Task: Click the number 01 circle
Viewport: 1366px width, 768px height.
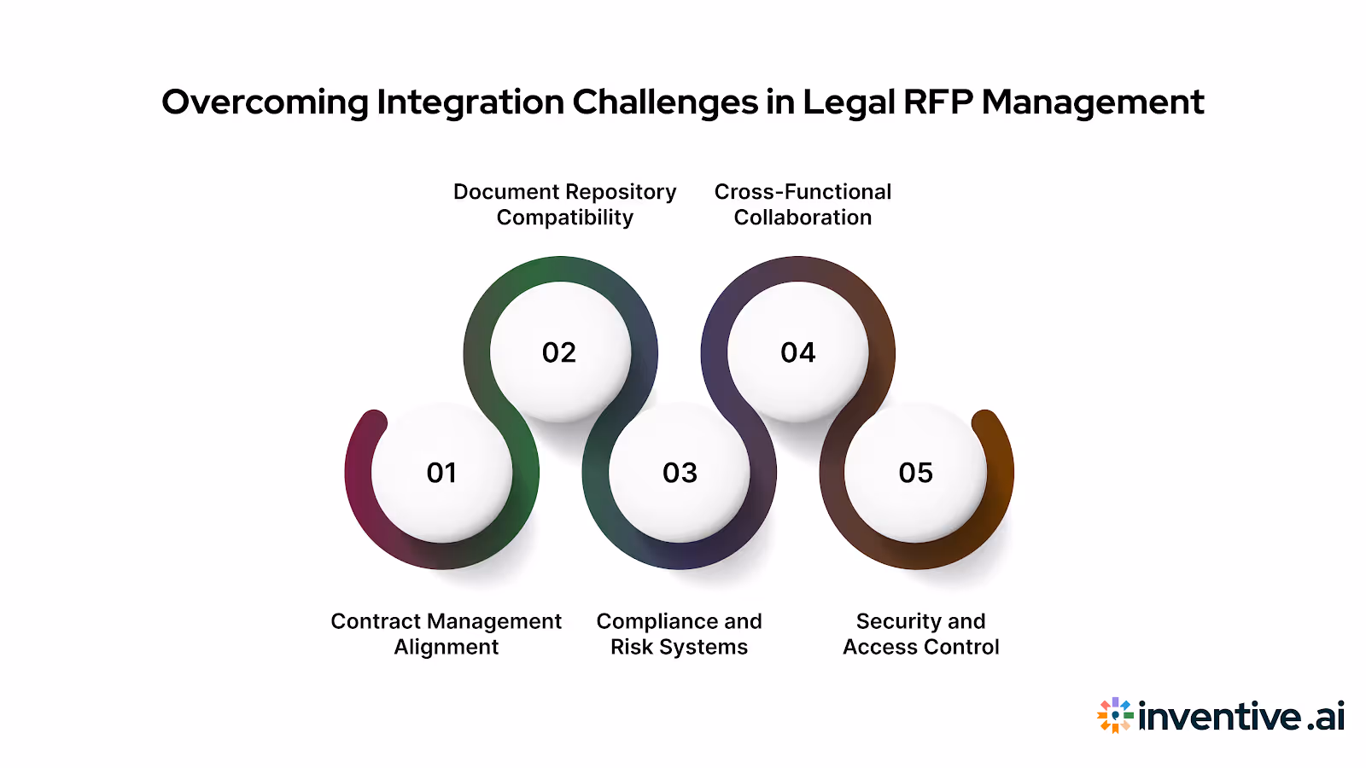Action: (441, 473)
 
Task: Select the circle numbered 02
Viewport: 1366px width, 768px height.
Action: (559, 352)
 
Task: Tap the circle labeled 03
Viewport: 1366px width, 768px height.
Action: (680, 473)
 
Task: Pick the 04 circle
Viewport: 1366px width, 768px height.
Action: (798, 352)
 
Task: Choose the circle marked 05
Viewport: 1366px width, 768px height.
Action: (916, 473)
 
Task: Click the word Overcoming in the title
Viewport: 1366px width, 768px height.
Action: (265, 103)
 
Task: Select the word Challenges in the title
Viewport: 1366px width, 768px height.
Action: (665, 103)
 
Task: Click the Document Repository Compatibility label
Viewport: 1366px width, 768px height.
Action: (565, 205)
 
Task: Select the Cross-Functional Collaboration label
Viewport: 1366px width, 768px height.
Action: (803, 205)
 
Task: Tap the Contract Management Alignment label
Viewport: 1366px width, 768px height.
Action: (447, 634)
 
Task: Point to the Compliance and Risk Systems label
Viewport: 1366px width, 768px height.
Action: (680, 634)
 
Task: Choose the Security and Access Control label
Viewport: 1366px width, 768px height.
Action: (921, 634)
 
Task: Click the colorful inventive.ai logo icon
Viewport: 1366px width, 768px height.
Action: (1115, 715)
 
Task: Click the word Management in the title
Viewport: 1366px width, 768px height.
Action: (1093, 103)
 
